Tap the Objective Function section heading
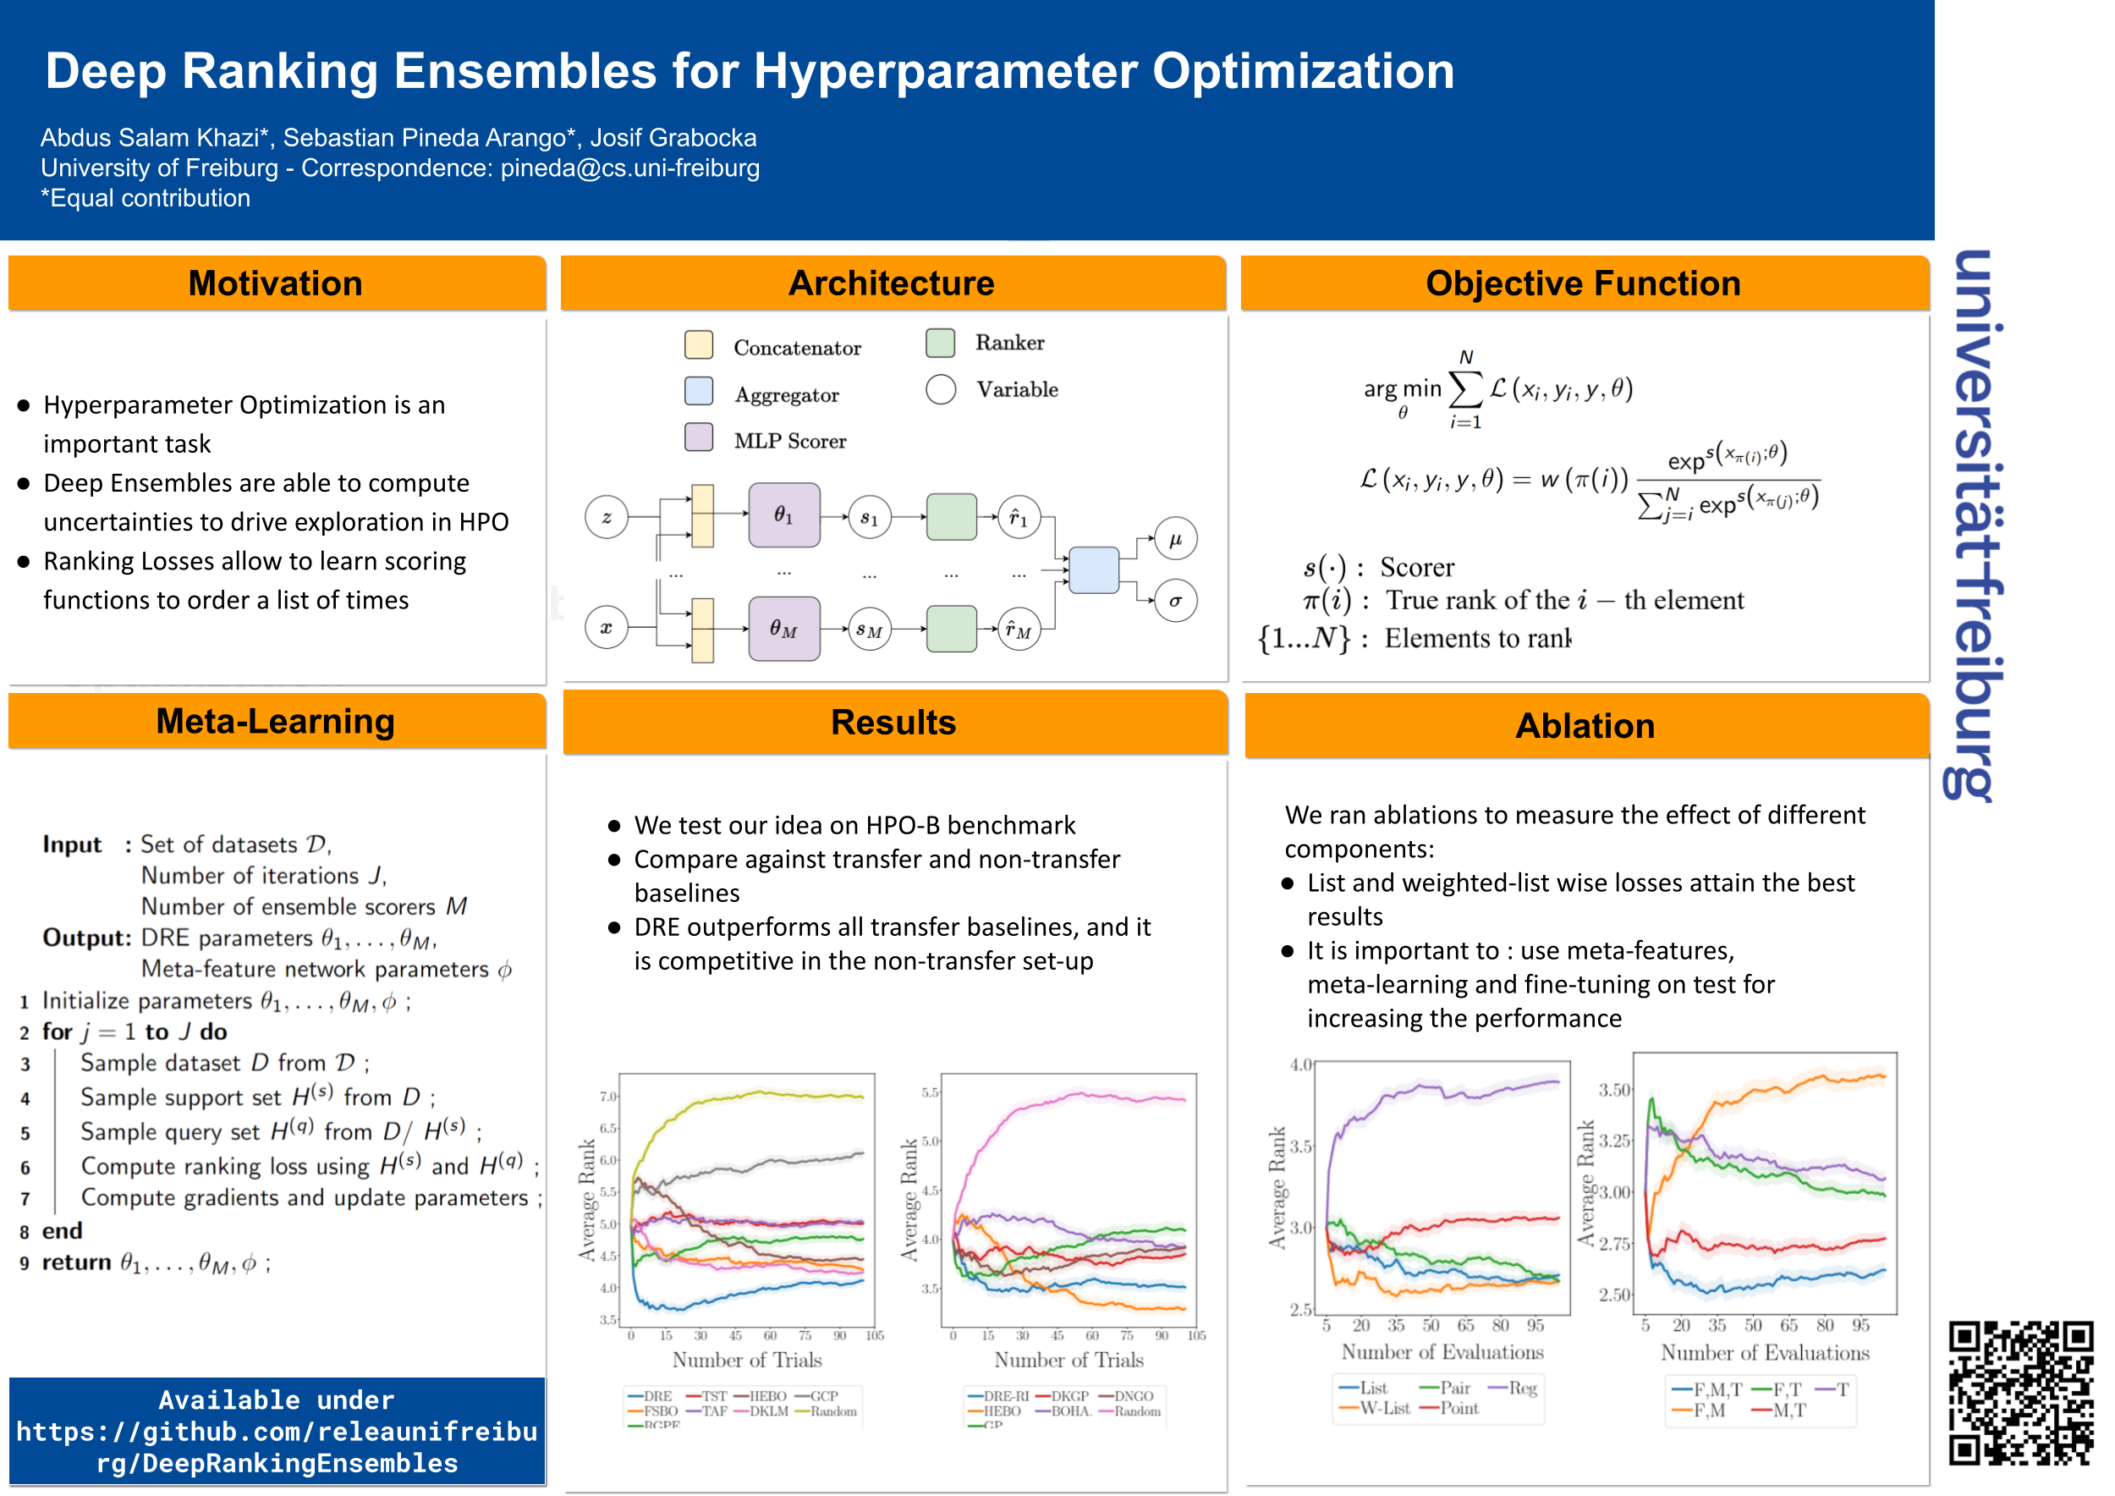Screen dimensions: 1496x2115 coord(1583,283)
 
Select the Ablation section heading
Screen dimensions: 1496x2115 coord(1585,726)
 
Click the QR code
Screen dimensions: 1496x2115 coord(2021,1393)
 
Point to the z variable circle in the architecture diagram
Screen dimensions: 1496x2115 coord(606,517)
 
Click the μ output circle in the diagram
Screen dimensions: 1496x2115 coord(1175,540)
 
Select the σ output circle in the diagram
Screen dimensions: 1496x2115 coord(1175,602)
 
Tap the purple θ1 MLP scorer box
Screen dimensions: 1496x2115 coord(784,515)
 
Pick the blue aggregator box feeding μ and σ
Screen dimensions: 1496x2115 coord(1093,570)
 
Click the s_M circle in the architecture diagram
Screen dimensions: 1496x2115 coord(869,630)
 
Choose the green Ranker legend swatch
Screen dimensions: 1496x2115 coord(941,343)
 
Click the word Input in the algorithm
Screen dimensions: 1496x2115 coord(72,844)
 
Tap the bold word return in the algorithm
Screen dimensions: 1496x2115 coord(76,1262)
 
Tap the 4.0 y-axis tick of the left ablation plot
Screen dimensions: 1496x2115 coord(1300,1065)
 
